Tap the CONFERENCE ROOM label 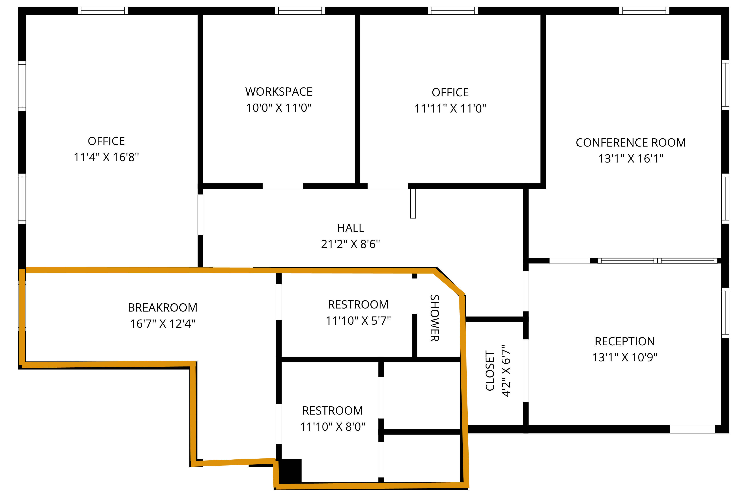pos(631,143)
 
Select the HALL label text pos(351,228)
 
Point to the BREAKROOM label pos(162,307)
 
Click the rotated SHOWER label pos(435,318)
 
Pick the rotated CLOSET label pos(490,371)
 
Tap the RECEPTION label pos(625,341)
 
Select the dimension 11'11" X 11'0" pos(450,109)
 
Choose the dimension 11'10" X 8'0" pos(332,427)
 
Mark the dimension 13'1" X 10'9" pos(625,357)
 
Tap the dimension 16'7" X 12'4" pos(162,324)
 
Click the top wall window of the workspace pos(300,11)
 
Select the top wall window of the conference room pos(644,11)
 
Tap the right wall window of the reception pos(725,312)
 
